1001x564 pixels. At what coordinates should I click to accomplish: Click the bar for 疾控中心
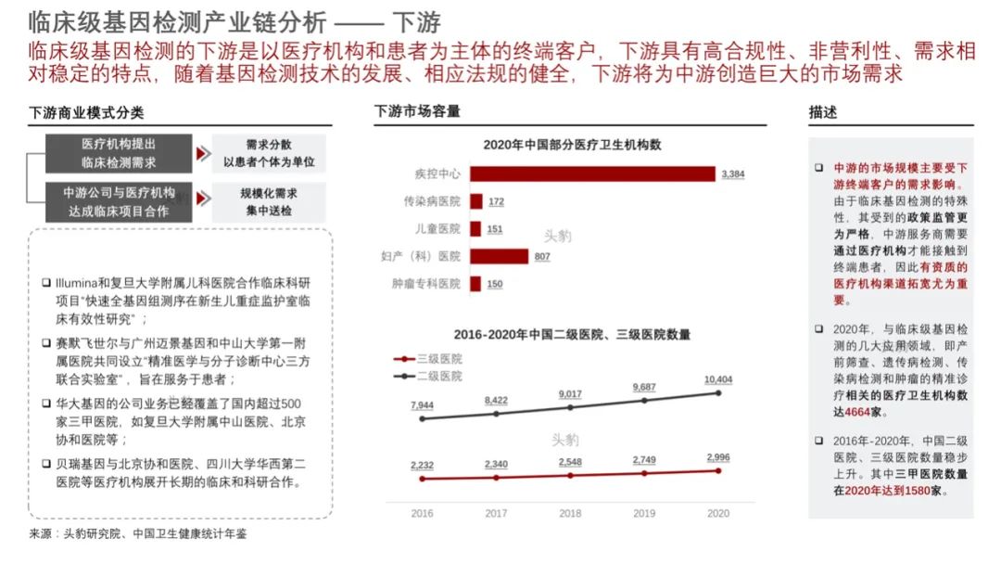(593, 173)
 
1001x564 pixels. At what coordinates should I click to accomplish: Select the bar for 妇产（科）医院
(500, 256)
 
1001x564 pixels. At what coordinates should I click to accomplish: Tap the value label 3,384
(732, 174)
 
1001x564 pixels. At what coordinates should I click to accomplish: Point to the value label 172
(496, 201)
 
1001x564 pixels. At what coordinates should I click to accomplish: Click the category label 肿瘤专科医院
(427, 284)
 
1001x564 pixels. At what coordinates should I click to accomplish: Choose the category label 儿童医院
(438, 228)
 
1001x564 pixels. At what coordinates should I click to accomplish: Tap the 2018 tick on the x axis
(570, 513)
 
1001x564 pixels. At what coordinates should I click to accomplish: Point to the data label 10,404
(717, 380)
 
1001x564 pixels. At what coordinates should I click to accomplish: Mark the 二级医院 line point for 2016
(422, 418)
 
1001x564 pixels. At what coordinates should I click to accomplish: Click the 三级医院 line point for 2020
(718, 470)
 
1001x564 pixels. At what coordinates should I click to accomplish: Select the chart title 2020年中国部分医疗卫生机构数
(571, 145)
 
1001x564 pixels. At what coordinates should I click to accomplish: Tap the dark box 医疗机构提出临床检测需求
(119, 153)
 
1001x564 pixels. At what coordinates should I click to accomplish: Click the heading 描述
(823, 112)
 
